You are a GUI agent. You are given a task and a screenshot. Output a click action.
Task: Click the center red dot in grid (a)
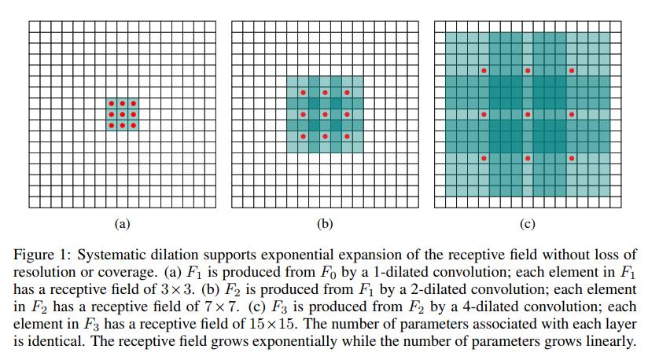click(122, 115)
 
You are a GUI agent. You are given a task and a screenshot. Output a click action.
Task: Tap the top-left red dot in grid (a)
click(111, 104)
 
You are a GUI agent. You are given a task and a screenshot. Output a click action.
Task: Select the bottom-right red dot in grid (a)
click(133, 126)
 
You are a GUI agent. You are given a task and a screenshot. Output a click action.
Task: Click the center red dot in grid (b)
click(325, 115)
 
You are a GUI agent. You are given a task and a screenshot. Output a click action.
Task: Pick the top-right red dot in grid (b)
click(347, 93)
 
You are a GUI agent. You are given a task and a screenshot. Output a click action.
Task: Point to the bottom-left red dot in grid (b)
click(303, 137)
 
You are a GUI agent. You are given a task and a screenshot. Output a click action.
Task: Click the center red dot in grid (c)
click(528, 115)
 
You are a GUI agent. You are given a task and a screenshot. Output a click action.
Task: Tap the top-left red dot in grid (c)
click(484, 71)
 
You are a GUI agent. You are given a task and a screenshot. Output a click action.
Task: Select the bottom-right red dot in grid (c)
click(572, 159)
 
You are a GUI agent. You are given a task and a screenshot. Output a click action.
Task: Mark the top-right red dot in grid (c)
click(572, 71)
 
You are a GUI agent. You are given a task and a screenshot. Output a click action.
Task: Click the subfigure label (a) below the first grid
click(122, 224)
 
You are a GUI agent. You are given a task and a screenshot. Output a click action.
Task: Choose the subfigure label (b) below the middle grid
click(325, 224)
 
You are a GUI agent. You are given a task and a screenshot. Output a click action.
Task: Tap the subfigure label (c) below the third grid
click(528, 224)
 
